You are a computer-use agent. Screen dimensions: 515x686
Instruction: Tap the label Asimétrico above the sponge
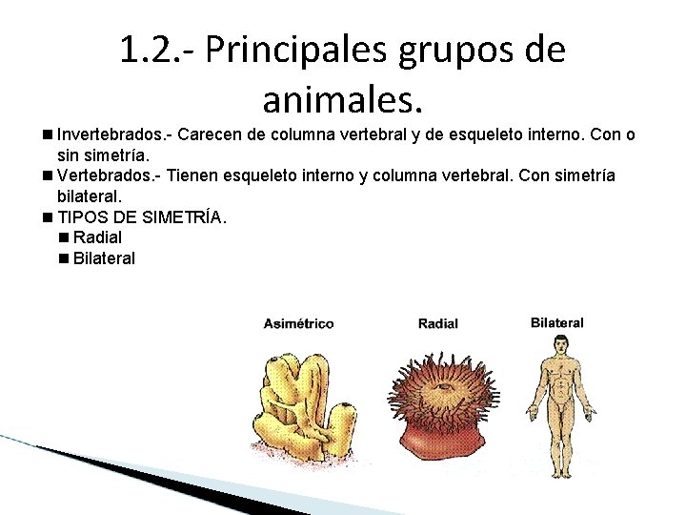pos(298,324)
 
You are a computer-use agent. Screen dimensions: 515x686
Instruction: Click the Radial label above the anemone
pos(437,324)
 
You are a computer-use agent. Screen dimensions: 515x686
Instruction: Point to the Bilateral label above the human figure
pos(556,323)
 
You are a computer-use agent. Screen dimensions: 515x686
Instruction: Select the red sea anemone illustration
pos(439,401)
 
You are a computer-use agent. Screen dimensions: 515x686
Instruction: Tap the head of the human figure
pos(557,344)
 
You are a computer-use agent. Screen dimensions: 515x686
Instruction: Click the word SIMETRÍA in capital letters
pos(181,217)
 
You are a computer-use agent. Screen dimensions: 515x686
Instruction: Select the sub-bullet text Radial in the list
pos(97,237)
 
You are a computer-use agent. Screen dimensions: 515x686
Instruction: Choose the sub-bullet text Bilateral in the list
pos(104,258)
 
